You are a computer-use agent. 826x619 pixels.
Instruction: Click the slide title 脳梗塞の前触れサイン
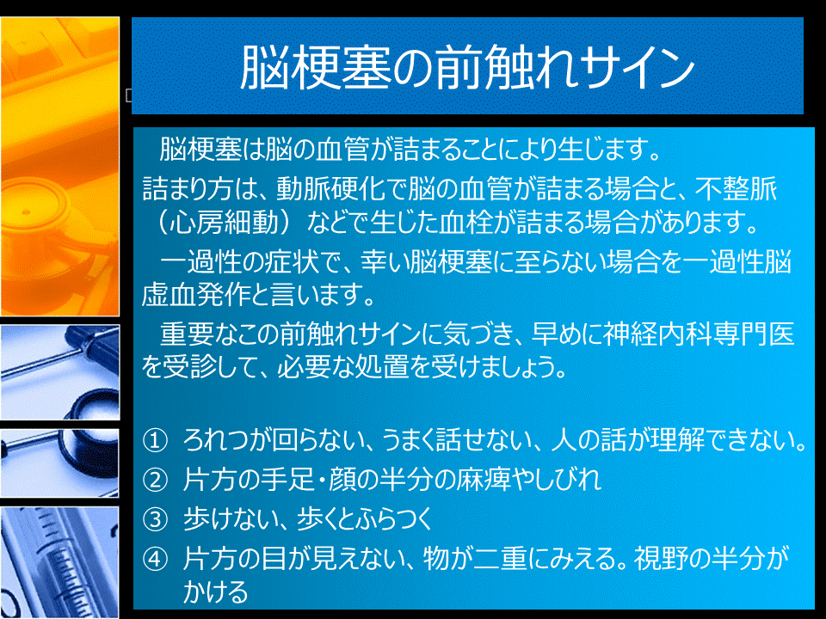(x=467, y=67)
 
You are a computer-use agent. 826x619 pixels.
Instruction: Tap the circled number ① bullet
(x=155, y=440)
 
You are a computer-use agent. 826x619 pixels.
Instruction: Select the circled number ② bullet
(x=155, y=480)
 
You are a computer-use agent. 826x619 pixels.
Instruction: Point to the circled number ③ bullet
(x=155, y=519)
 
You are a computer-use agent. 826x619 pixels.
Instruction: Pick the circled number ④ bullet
(x=155, y=559)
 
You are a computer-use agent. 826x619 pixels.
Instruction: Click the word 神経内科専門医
(x=699, y=334)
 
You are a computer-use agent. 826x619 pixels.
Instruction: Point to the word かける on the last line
(x=216, y=591)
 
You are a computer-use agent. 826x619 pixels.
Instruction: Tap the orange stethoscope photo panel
(x=60, y=166)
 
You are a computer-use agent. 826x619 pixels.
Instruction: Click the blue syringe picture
(x=59, y=562)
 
